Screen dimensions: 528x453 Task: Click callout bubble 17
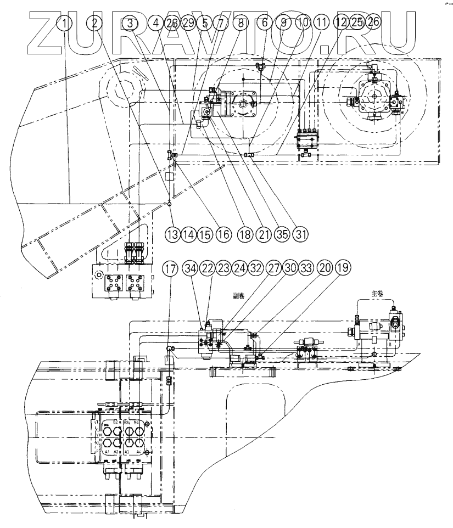click(170, 269)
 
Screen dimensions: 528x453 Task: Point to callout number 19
click(342, 269)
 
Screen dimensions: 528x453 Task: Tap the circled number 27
click(275, 269)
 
